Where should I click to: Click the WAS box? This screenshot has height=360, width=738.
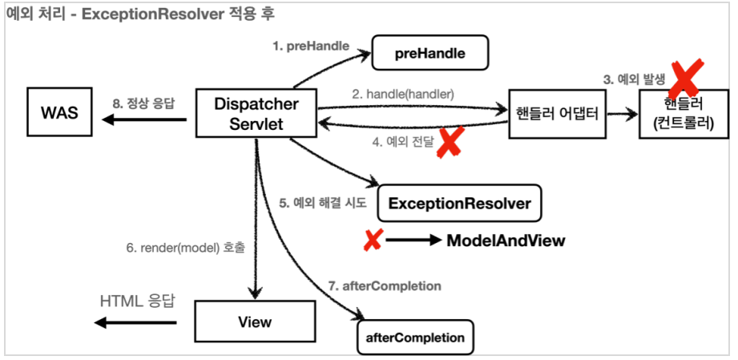pos(59,112)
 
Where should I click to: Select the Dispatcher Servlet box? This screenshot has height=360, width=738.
pos(256,113)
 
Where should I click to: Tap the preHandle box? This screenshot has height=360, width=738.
pos(430,53)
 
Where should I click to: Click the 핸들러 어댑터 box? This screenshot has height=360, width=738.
pos(557,114)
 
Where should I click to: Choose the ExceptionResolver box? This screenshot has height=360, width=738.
pos(459,203)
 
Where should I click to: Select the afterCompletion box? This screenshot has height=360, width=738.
pos(415,338)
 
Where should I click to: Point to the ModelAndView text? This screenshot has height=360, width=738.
pos(506,241)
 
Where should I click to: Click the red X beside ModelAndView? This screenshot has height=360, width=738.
pos(373,241)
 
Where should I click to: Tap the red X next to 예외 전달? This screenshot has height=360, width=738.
pos(449,142)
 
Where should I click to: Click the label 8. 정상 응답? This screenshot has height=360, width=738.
pos(143,104)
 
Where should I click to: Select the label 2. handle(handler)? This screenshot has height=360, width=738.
pos(403,95)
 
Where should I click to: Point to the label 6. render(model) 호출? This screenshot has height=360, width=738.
pos(185,249)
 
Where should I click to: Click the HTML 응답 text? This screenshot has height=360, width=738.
pos(138,301)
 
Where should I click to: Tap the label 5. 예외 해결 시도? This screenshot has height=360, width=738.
pos(323,203)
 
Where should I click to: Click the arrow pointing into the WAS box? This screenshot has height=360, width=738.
pos(144,119)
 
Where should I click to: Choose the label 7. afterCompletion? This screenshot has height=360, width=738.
pos(385,286)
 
